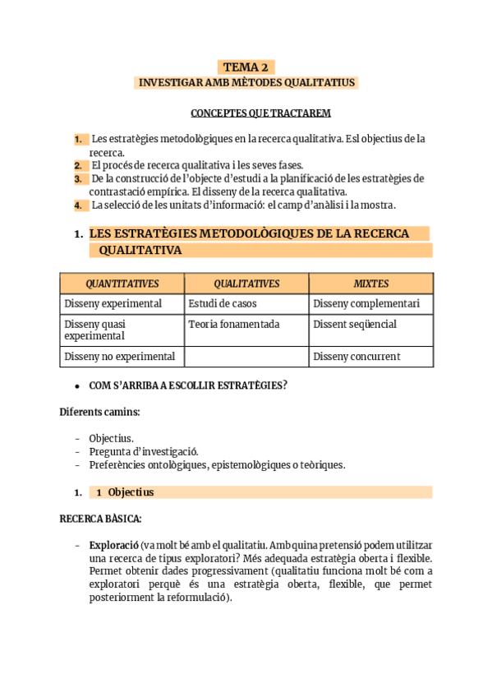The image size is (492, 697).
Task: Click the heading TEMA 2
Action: pos(246,67)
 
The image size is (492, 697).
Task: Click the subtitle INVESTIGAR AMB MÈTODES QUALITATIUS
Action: pos(246,83)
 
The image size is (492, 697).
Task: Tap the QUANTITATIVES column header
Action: pos(122,284)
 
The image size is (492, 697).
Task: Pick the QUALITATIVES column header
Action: pos(246,284)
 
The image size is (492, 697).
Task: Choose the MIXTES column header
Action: pos(371,284)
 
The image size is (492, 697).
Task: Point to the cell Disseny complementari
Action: pos(366,304)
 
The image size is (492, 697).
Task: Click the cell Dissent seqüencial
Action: pos(355,325)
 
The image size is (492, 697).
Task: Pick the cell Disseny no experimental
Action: pos(120,357)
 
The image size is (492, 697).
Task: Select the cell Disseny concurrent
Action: pos(356,357)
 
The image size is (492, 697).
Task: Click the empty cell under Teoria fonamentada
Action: pos(246,357)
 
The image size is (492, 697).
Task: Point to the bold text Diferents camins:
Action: pos(99,412)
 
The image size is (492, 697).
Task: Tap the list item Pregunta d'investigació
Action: pos(144,451)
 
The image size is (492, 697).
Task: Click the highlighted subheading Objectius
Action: pos(131,492)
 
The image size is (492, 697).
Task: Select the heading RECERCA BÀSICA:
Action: pos(100,519)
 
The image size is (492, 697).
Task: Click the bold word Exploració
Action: pos(113,546)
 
